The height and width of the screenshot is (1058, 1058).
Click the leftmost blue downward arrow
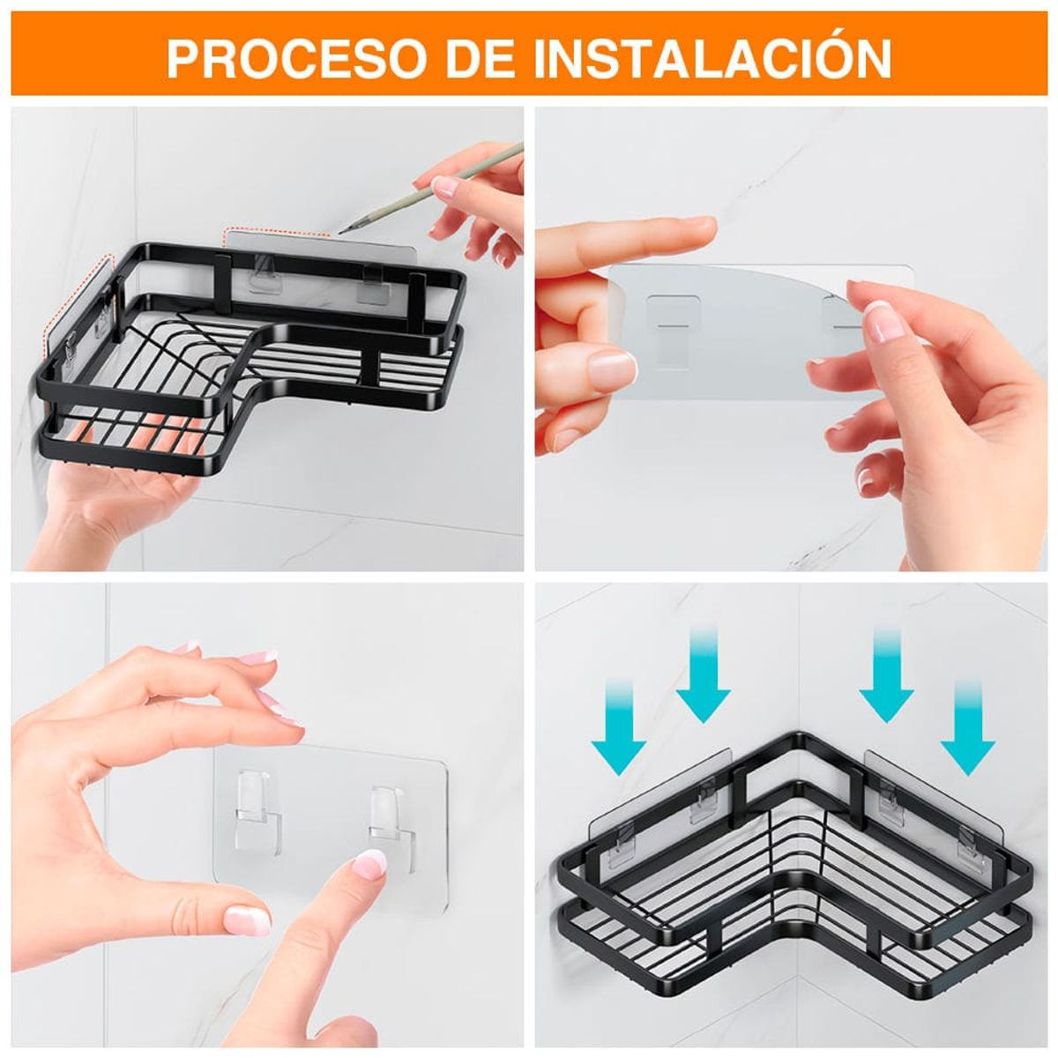point(618,726)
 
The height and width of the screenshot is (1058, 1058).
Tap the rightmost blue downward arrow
point(968,726)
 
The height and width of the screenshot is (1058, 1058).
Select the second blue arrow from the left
point(703,674)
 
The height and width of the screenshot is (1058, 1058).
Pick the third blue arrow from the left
point(886,674)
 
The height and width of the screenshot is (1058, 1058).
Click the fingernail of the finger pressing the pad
point(369,863)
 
